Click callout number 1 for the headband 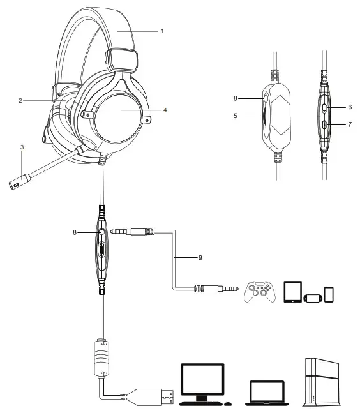click(x=162, y=31)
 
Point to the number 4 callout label click(x=165, y=110)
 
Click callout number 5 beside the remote click(x=236, y=116)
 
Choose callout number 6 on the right click(x=350, y=108)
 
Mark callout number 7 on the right click(x=350, y=124)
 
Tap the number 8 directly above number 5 click(x=236, y=99)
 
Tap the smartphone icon click(x=329, y=294)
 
